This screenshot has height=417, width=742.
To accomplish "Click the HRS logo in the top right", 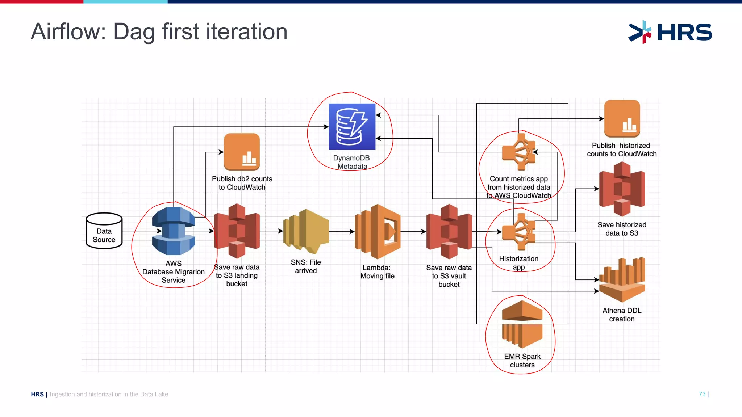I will pyautogui.click(x=670, y=32).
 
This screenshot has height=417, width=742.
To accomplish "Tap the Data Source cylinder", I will pyautogui.click(x=104, y=231).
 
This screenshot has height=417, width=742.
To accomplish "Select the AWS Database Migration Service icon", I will pyautogui.click(x=174, y=231).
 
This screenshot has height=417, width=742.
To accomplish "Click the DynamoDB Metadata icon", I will pyautogui.click(x=352, y=127).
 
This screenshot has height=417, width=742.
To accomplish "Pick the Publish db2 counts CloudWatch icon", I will pyautogui.click(x=242, y=152).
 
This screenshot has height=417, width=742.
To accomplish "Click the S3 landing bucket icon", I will pyautogui.click(x=237, y=231).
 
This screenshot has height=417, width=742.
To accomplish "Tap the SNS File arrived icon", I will pyautogui.click(x=306, y=231).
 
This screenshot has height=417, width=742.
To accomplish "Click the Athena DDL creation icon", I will pyautogui.click(x=622, y=281).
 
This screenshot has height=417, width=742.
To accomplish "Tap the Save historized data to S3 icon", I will pyautogui.click(x=622, y=189).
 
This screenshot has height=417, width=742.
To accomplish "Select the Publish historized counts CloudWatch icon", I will pyautogui.click(x=622, y=119).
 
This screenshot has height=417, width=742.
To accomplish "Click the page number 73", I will pyautogui.click(x=702, y=394).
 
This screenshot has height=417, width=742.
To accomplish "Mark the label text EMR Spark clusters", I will pyautogui.click(x=522, y=361).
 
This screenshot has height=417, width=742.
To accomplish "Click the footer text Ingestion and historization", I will pyautogui.click(x=109, y=394).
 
